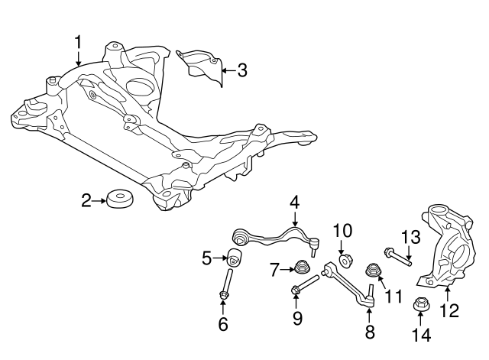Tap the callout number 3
point(241,71)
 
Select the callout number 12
point(449,311)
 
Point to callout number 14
point(421,334)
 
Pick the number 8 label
point(370,332)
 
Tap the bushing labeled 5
point(235,258)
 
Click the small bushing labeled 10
point(345,260)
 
